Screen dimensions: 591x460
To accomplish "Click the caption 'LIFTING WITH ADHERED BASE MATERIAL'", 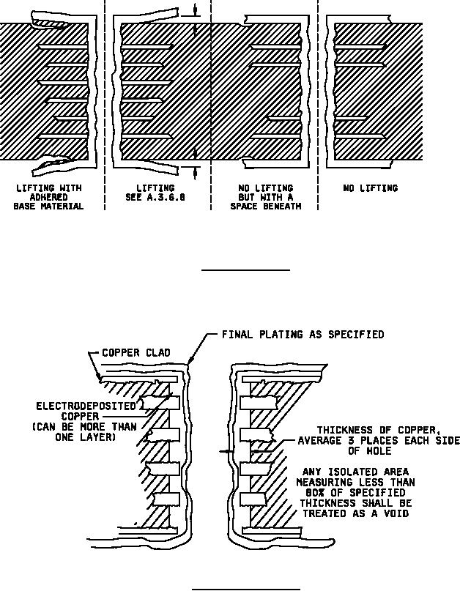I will (48, 197).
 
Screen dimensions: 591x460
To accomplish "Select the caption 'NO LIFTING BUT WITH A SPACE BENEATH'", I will (265, 197).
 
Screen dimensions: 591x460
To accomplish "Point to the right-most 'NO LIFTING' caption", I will (370, 188).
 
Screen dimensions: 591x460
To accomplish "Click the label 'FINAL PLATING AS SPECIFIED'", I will (303, 335).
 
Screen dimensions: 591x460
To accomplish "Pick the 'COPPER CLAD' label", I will (136, 353).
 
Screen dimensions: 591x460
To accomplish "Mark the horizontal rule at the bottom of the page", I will (245, 588).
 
